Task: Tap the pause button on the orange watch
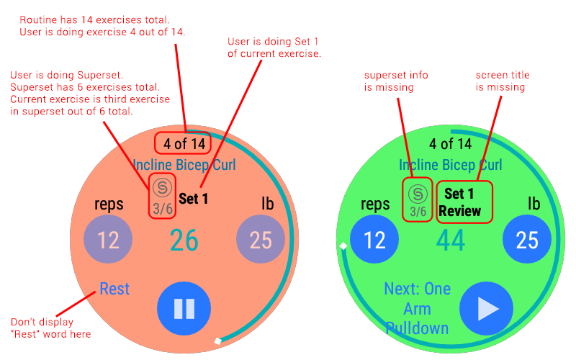[x=184, y=308]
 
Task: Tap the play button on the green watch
[x=487, y=308]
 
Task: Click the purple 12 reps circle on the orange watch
[x=108, y=239]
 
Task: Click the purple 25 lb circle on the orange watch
[x=261, y=239]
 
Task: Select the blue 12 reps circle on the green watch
[x=374, y=239]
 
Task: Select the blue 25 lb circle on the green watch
[x=527, y=239]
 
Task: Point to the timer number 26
[x=184, y=240]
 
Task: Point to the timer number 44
[x=451, y=240]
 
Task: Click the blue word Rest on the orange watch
[x=114, y=289]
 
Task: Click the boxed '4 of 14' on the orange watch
[x=184, y=143]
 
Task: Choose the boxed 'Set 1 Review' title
[x=464, y=202]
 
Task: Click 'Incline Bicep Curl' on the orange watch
[x=184, y=165]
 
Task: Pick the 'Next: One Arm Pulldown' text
[x=418, y=308]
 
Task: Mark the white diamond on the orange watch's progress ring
[x=217, y=341]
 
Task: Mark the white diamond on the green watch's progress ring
[x=343, y=247]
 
